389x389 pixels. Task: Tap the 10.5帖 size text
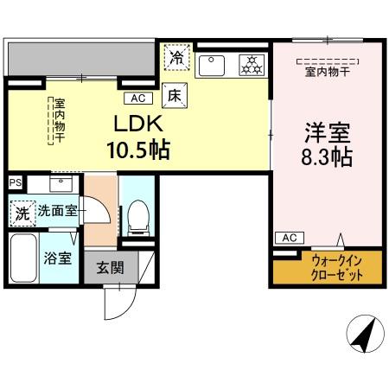coord(137,150)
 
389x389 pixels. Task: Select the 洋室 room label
coord(326,134)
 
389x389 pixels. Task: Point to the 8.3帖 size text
coord(326,158)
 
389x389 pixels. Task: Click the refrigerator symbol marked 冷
coord(176,58)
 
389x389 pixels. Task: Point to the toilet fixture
coord(137,218)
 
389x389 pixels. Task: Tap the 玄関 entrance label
coord(110,268)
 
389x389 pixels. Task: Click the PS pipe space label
coord(14,182)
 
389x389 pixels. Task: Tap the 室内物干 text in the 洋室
coord(325,72)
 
